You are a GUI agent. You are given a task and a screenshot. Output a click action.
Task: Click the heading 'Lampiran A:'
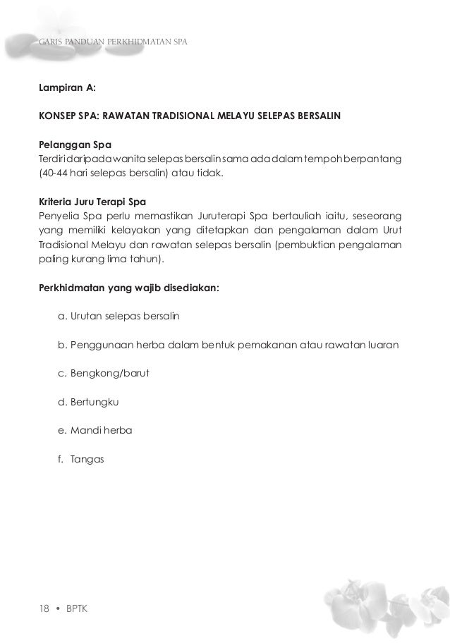[67, 90]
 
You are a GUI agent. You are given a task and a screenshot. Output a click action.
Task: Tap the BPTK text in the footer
[76, 608]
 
